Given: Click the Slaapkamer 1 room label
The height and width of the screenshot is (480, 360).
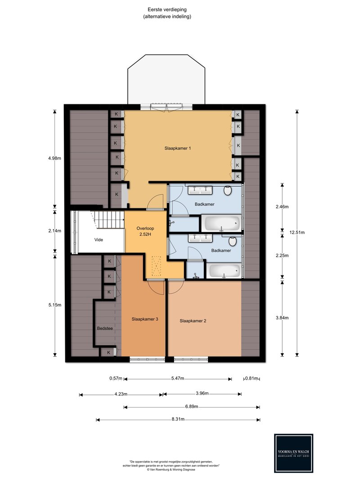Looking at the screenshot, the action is coord(178,148).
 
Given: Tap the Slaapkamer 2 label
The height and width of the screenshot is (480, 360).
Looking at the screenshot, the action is coord(193,321).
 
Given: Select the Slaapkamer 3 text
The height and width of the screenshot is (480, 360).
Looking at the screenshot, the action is coord(145,319).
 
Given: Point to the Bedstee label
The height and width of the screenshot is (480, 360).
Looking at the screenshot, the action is coord(105,328).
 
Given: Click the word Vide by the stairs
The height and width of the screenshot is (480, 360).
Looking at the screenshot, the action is coord(99,240).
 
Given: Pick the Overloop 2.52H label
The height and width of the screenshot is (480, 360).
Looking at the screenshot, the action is coord(145,231).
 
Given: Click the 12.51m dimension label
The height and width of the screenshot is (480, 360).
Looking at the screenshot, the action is coord(297,232).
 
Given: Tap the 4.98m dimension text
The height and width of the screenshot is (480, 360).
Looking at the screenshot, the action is coord(54,158).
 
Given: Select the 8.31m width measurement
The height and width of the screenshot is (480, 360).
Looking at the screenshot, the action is coord(178,419).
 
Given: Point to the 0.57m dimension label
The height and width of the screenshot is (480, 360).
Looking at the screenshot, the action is coord(116,378).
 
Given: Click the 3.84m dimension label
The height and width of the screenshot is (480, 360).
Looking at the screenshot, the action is coord(282,318).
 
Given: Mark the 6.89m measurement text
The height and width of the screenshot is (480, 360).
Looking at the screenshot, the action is coord(192,407).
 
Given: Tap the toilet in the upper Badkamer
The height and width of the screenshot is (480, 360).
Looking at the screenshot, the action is coord(228,190).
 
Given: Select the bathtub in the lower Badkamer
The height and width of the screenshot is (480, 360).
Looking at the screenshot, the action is coord(225,271).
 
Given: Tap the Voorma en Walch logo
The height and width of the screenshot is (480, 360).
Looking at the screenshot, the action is coord(293,453).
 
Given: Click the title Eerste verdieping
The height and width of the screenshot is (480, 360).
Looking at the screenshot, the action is coord(167,10).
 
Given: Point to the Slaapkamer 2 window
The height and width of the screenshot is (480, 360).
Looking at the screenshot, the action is coord(191,359).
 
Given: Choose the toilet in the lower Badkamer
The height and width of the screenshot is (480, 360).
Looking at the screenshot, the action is coord(233,241).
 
